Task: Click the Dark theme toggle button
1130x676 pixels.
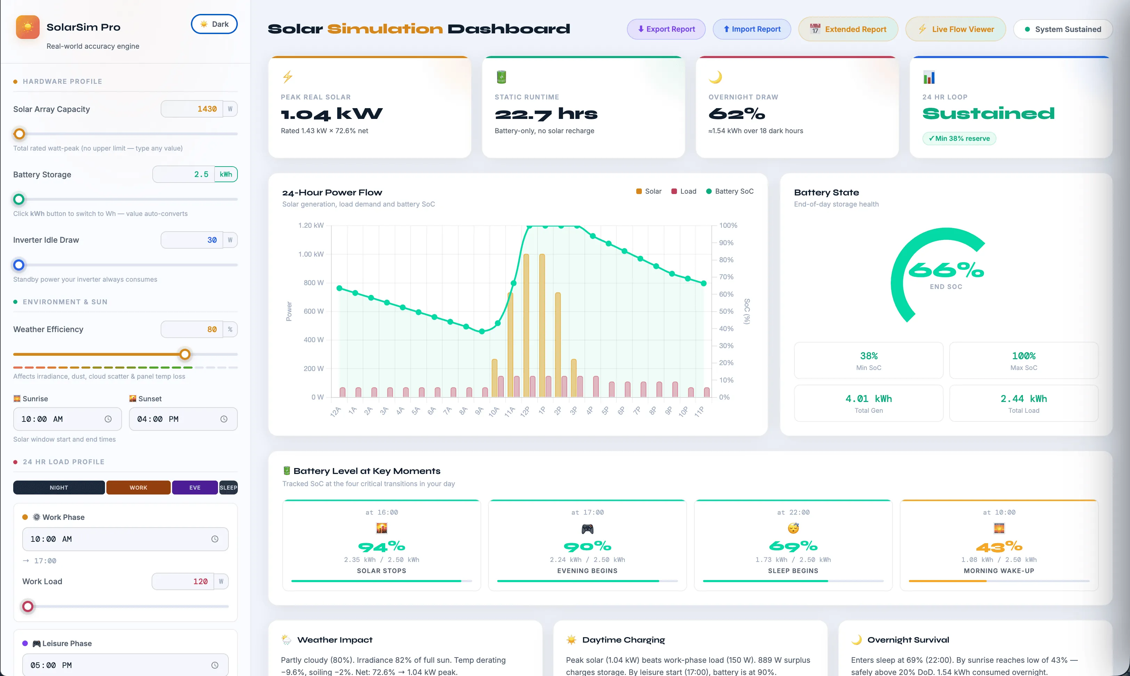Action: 214,24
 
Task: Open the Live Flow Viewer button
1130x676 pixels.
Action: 955,29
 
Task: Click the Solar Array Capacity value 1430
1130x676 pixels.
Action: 207,109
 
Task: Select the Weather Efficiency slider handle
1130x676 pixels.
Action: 185,354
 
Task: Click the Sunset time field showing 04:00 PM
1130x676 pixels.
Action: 183,419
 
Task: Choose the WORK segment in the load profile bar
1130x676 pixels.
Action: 138,488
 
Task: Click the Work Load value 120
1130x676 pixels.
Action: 200,581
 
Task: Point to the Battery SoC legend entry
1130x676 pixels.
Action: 730,191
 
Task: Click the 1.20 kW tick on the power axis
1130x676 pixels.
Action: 311,225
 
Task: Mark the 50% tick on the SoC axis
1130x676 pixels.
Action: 726,311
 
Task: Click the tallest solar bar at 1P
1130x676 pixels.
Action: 542,325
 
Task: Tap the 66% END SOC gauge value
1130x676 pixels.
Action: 946,270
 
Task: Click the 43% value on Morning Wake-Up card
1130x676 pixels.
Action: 999,546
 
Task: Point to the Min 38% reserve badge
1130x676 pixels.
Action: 959,138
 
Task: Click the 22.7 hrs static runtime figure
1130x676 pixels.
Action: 546,114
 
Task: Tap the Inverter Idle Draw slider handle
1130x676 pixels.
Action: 19,265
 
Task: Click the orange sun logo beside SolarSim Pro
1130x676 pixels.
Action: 28,27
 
